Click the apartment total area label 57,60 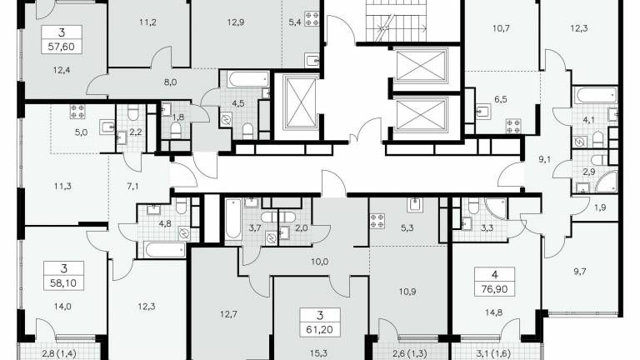pyautogui.click(x=61, y=47)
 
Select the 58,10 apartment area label pyautogui.click(x=63, y=282)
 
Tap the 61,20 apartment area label pyautogui.click(x=320, y=330)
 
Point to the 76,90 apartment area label pyautogui.click(x=494, y=289)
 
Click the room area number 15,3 pyautogui.click(x=319, y=353)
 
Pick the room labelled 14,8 pyautogui.click(x=494, y=312)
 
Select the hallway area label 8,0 pyautogui.click(x=170, y=82)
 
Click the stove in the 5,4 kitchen pyautogui.click(x=312, y=19)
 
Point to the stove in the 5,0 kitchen pyautogui.click(x=77, y=112)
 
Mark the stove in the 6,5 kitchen pyautogui.click(x=513, y=126)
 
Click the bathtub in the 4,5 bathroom pyautogui.click(x=248, y=79)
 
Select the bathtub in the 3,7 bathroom pyautogui.click(x=233, y=219)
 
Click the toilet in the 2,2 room pyautogui.click(x=133, y=113)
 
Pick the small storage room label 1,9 pyautogui.click(x=600, y=207)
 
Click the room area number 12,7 pyautogui.click(x=228, y=314)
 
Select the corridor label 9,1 pyautogui.click(x=544, y=159)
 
